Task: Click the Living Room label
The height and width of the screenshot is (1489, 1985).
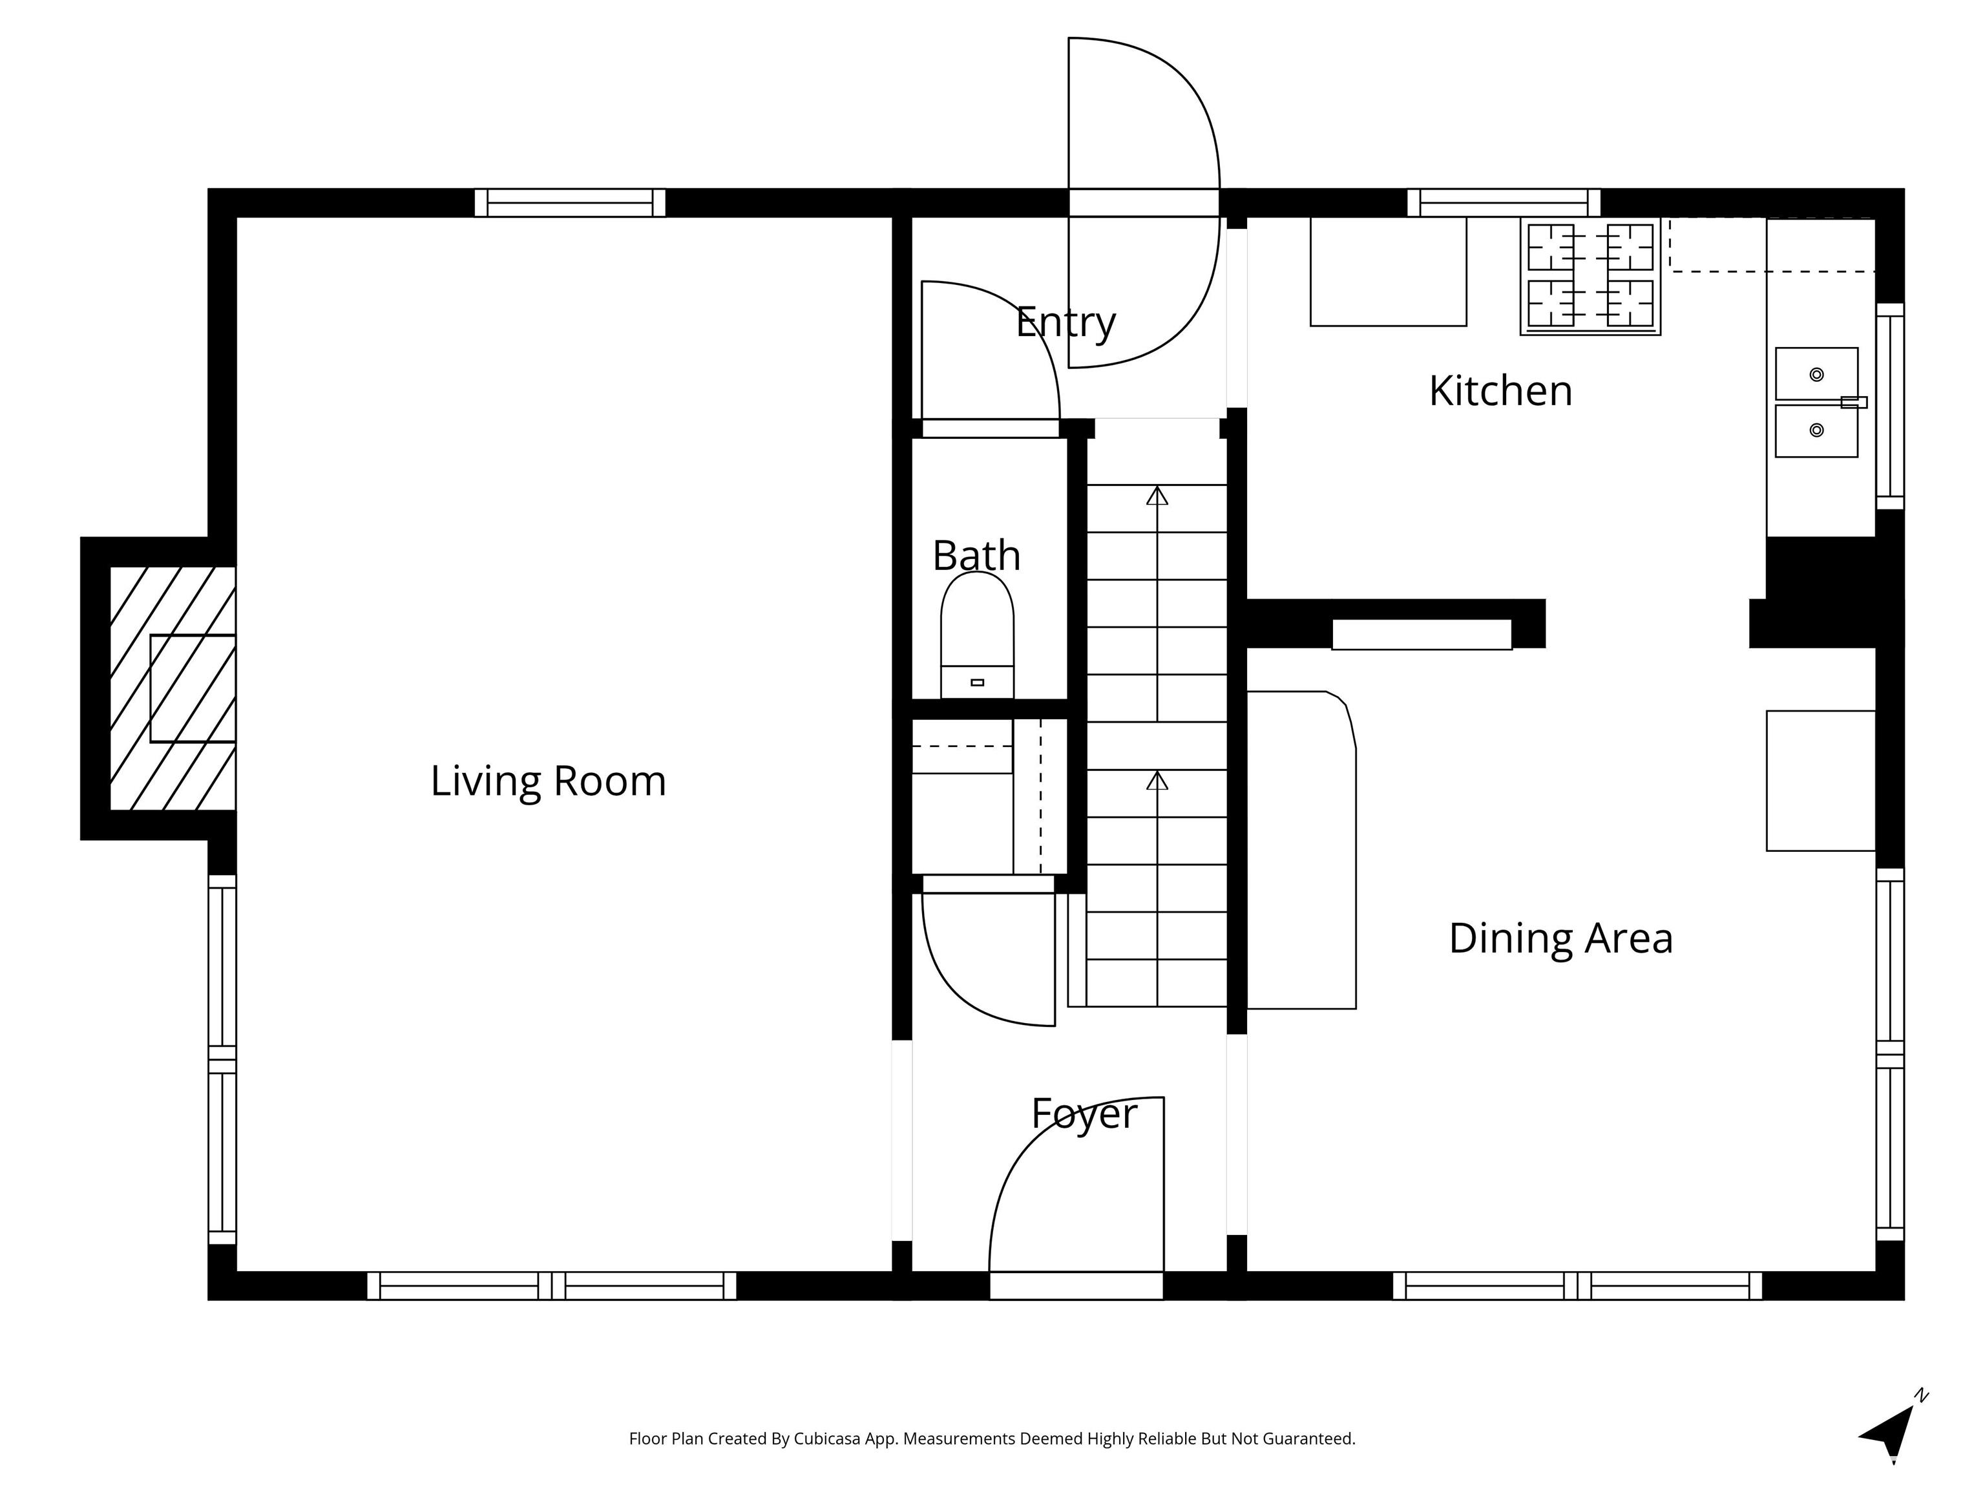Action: click(549, 781)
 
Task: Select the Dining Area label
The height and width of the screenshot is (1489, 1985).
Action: click(1560, 938)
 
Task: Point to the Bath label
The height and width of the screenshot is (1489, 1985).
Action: click(976, 556)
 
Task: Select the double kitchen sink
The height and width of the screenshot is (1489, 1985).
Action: click(1817, 402)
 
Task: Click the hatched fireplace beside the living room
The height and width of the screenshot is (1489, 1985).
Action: click(173, 688)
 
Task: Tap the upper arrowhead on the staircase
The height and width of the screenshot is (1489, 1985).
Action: click(1158, 496)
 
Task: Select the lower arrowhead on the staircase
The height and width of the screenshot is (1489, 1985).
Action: click(1158, 780)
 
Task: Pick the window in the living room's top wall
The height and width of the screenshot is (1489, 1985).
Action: click(570, 203)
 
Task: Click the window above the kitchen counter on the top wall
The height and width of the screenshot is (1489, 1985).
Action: click(1504, 203)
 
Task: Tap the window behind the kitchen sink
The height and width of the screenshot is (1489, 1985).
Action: click(1890, 407)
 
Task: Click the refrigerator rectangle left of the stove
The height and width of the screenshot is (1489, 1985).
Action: click(1388, 271)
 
